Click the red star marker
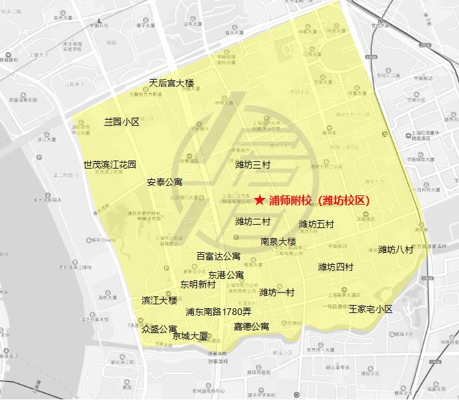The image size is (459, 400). coord(260,199)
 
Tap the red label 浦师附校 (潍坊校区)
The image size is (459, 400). coord(319,199)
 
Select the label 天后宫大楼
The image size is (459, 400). coord(171,83)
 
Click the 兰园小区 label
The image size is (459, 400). coord(121,122)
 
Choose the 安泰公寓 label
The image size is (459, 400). coord(164,182)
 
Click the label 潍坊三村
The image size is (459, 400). coord(253,165)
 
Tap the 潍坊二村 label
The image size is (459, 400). coord(253,221)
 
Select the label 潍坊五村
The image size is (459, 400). coord(316,224)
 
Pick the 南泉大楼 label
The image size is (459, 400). coord(278,241)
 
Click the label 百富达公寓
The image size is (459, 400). coord(218,256)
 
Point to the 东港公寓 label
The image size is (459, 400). coord(226,275)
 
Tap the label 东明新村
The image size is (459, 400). coord(198,284)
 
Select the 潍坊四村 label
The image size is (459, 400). coord(335,268)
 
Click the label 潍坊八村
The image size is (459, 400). coord(396,249)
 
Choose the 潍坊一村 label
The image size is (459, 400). coord(277,292)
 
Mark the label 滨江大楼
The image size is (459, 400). coord(160,301)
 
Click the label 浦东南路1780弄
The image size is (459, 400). coord(218,312)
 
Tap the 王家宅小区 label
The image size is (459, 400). coord(371,309)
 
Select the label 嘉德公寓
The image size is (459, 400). coord(251,327)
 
